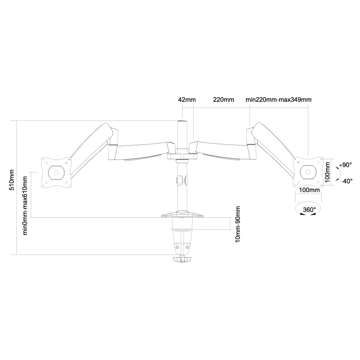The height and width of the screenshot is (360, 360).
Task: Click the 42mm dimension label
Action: [187, 100]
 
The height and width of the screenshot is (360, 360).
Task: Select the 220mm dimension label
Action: [224, 100]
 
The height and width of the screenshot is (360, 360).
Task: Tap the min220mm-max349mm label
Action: [279, 100]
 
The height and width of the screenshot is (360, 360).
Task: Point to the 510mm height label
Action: [12, 180]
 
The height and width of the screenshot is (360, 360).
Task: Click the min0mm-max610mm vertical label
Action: [25, 205]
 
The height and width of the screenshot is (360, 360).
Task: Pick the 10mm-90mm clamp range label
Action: [238, 224]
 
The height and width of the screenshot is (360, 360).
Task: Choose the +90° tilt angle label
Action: [346, 165]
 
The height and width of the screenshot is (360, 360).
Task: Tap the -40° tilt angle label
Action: [347, 181]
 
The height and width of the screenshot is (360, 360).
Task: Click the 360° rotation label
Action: [309, 210]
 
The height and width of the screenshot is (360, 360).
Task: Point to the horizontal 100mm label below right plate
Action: [309, 190]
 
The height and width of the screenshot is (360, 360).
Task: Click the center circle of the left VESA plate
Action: [56, 172]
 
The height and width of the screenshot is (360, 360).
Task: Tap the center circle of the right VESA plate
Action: [308, 172]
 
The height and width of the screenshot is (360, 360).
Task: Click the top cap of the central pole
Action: [182, 121]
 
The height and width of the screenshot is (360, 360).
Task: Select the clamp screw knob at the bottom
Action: [182, 260]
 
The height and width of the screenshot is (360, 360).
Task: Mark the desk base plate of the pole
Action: [183, 214]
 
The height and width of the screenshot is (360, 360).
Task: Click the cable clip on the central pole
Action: [182, 180]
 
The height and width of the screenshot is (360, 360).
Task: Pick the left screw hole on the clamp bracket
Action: [177, 247]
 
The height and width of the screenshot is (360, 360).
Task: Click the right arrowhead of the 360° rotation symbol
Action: [313, 214]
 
